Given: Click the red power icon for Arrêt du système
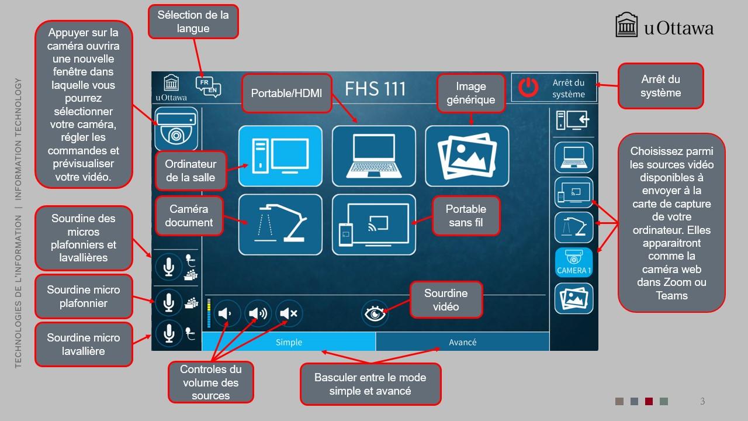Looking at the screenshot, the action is [528, 88].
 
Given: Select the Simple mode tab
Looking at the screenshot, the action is [289, 342].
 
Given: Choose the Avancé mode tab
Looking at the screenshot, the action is [462, 342].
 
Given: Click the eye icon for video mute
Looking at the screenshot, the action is [375, 313].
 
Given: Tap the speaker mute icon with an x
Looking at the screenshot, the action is [289, 313].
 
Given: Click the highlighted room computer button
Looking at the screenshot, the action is [280, 156].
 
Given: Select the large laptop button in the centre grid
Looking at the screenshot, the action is [374, 156].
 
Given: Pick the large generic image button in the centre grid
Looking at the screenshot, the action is [467, 156].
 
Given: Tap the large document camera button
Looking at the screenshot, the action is [280, 225].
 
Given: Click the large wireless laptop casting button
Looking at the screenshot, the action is [374, 225].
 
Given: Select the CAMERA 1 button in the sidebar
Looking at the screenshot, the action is [574, 263].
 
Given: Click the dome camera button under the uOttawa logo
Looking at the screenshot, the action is [176, 129].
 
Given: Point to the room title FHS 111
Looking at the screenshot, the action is [375, 89].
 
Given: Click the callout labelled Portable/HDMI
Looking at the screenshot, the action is [286, 93].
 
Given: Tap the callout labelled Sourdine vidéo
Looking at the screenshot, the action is [446, 300].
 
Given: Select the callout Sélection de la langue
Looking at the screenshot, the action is [193, 22].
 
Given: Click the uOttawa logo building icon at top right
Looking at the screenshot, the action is [626, 25].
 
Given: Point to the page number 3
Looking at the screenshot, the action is [702, 401].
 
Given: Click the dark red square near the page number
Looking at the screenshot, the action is [649, 401].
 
